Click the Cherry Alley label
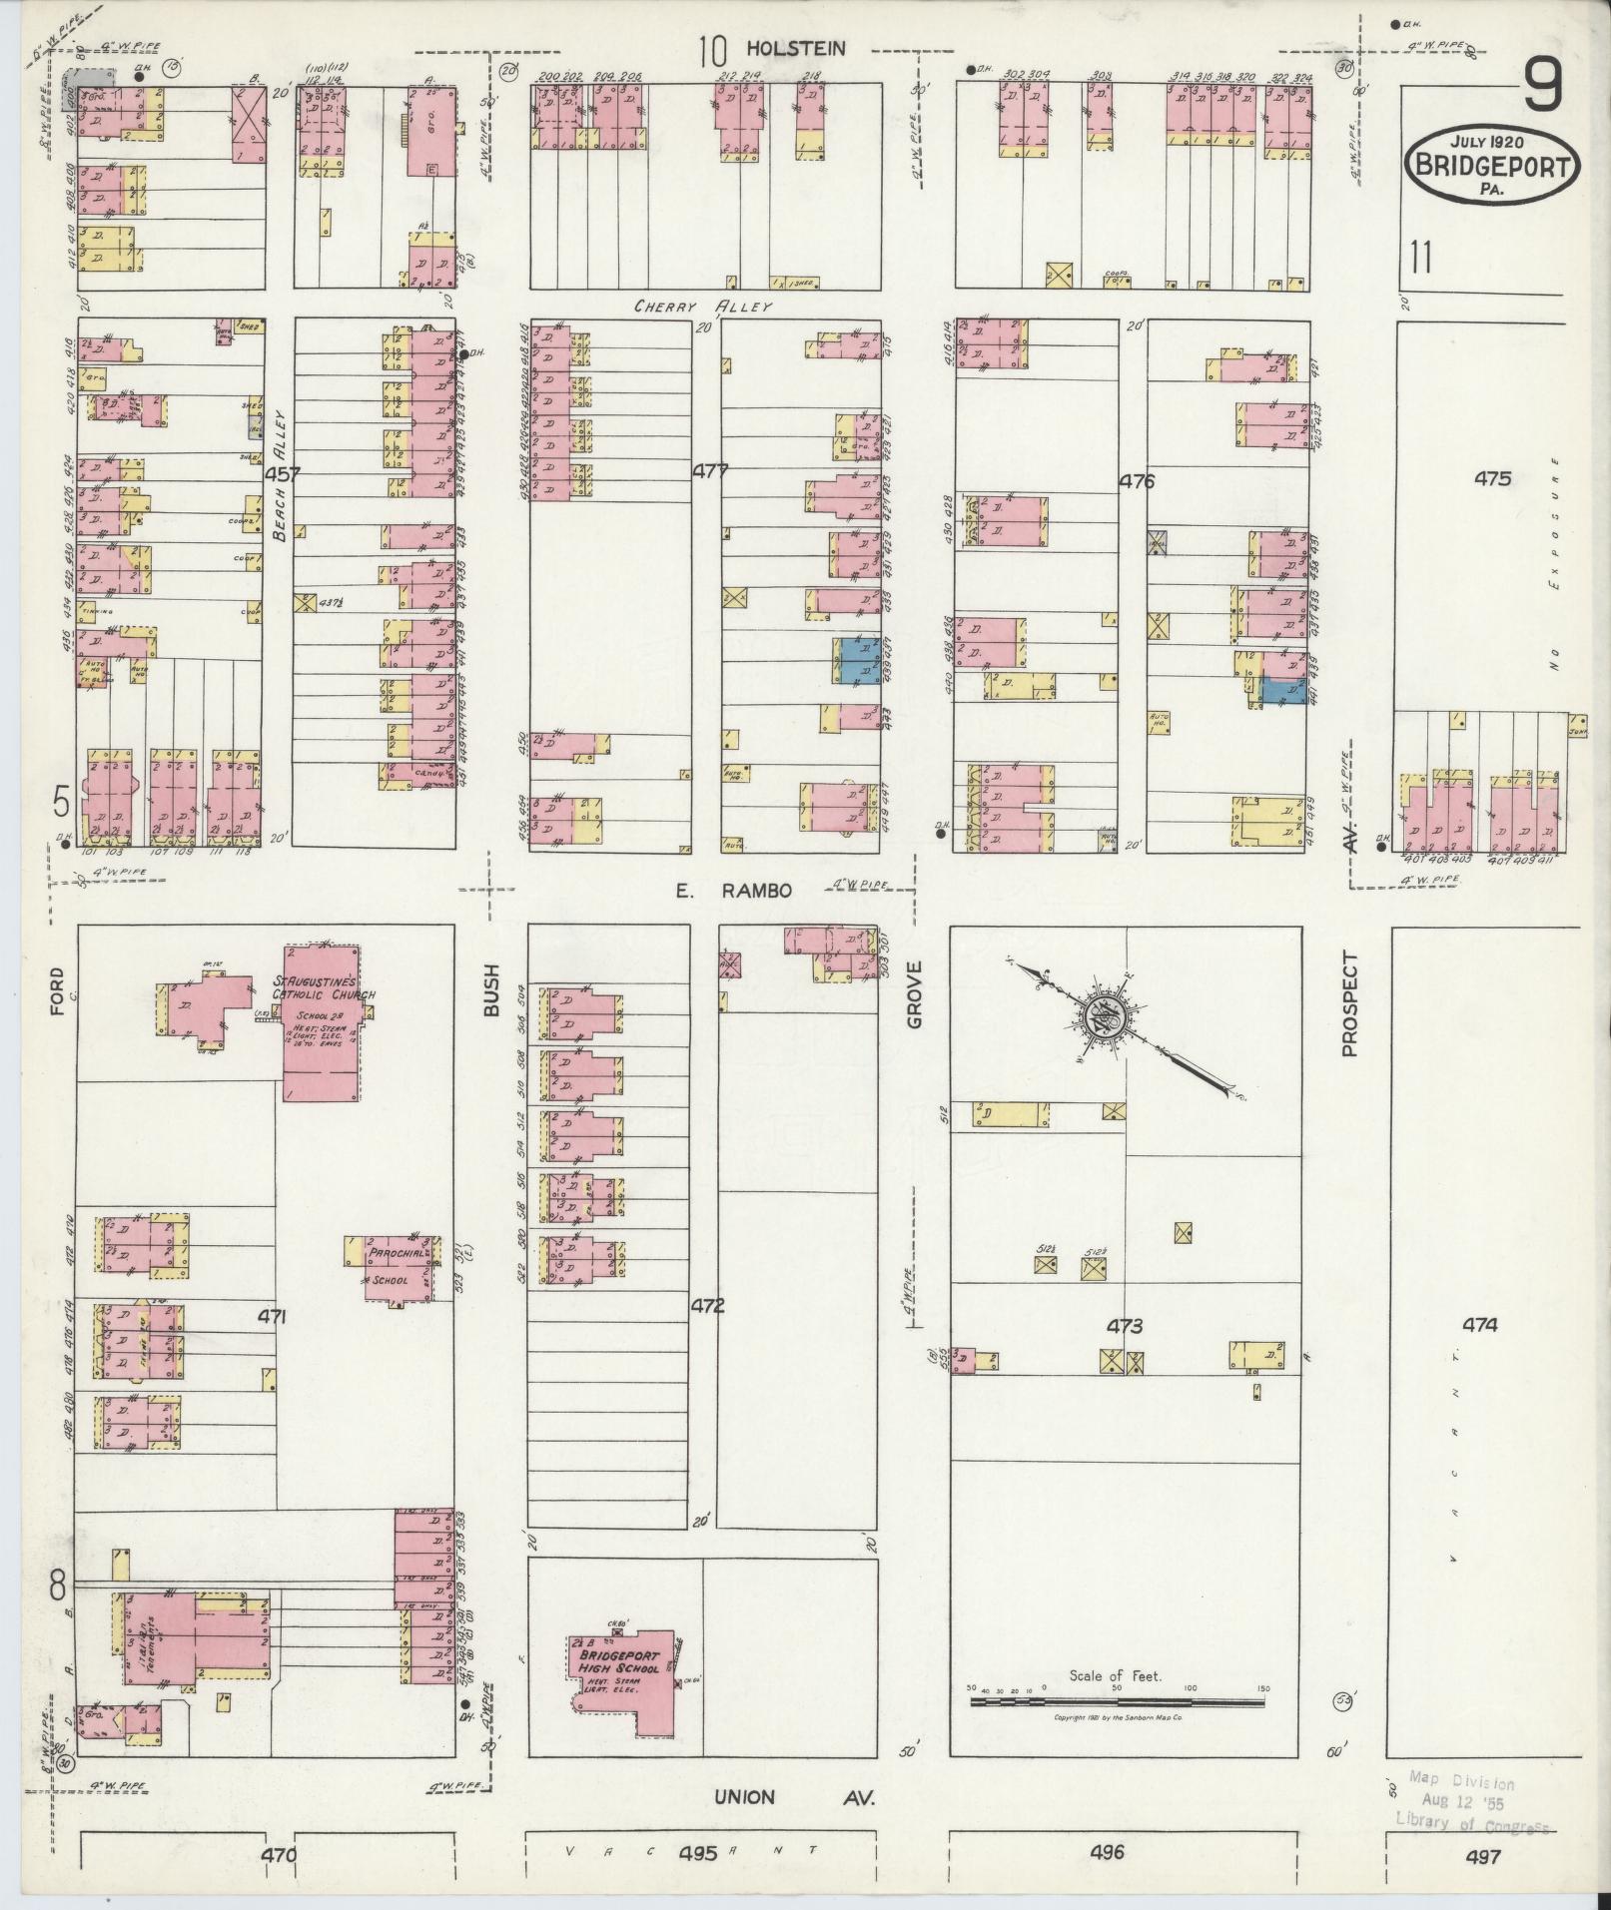point(703,307)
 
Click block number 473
point(1125,1327)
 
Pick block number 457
point(283,475)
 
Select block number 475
point(1492,479)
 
